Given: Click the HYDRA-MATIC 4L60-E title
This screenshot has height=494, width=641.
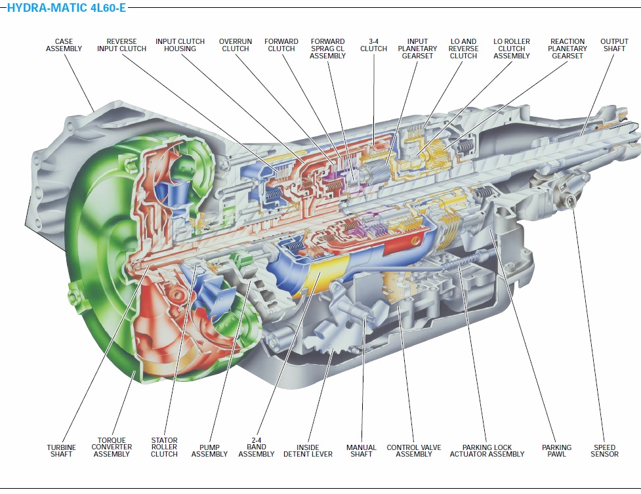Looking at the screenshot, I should (x=66, y=9).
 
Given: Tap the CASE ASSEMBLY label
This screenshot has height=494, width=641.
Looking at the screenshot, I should (x=64, y=45).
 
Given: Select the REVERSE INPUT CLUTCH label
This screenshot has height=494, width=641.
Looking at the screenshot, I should (x=121, y=45).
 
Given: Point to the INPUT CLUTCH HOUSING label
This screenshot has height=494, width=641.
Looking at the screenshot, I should (x=180, y=45).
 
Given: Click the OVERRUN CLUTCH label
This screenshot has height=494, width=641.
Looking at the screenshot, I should (x=235, y=45).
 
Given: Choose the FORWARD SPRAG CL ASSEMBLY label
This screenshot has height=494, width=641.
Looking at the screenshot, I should (x=327, y=49).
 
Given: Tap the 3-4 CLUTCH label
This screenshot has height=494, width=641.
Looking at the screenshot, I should (x=373, y=45).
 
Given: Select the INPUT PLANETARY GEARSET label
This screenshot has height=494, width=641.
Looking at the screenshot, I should (x=417, y=49).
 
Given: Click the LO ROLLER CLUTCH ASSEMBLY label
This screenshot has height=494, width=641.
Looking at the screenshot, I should (x=512, y=49).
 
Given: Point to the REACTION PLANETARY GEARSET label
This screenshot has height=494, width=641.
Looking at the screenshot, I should (x=568, y=49).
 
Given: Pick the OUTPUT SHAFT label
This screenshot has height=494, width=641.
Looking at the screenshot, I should (x=614, y=45).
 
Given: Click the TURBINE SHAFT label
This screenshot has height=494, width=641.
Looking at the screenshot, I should (x=61, y=451).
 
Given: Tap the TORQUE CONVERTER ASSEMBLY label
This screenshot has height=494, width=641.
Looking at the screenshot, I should (x=112, y=447).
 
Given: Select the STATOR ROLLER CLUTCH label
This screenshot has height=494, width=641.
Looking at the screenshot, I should (x=164, y=447).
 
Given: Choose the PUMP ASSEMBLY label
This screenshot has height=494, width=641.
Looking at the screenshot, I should (x=209, y=451).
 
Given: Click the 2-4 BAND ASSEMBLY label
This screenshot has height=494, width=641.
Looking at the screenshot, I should (x=257, y=447).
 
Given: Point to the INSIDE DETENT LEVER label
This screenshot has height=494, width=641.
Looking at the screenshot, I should (x=308, y=451).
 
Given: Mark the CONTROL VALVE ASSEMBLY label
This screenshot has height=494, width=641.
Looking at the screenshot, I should (x=414, y=451).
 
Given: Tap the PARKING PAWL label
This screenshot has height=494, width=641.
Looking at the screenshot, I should (x=556, y=451).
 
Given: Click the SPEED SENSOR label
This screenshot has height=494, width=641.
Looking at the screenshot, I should (x=604, y=451).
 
